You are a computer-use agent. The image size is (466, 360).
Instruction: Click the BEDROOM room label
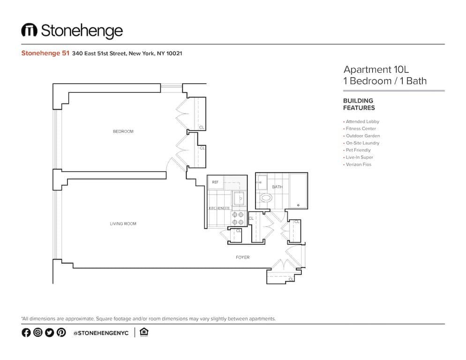[x=123, y=131]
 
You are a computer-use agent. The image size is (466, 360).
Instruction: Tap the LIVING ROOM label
[x=123, y=224]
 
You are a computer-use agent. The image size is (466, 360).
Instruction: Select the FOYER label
[x=242, y=257]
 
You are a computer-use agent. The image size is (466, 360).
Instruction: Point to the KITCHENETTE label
[x=219, y=208]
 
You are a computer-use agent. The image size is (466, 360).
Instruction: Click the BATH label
[x=277, y=187]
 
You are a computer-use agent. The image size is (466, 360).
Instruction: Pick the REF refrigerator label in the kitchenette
[x=215, y=182]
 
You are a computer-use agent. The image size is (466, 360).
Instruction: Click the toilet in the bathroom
[x=265, y=198]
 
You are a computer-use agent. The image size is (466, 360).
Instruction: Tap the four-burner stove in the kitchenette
[x=239, y=218]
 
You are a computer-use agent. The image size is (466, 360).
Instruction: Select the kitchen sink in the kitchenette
[x=239, y=199]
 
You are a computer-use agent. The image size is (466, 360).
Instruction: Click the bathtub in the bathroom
[x=297, y=191]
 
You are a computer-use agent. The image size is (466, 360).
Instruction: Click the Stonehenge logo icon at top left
[x=29, y=30]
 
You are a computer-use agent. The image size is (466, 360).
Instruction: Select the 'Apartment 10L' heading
[x=376, y=69]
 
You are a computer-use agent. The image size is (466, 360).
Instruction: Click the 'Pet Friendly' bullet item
[x=358, y=150]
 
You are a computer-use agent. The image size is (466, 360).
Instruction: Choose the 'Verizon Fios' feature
[x=358, y=165]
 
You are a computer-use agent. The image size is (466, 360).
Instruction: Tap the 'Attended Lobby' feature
[x=362, y=121]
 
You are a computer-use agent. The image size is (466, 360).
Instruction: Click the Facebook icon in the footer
[x=26, y=332]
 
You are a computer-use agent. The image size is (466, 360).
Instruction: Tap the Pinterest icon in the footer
[x=61, y=332]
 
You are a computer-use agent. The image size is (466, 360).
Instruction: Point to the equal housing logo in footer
[x=144, y=332]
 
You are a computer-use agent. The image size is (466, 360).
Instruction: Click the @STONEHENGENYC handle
[x=100, y=333]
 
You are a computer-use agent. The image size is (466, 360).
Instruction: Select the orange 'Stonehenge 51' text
[x=45, y=53]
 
